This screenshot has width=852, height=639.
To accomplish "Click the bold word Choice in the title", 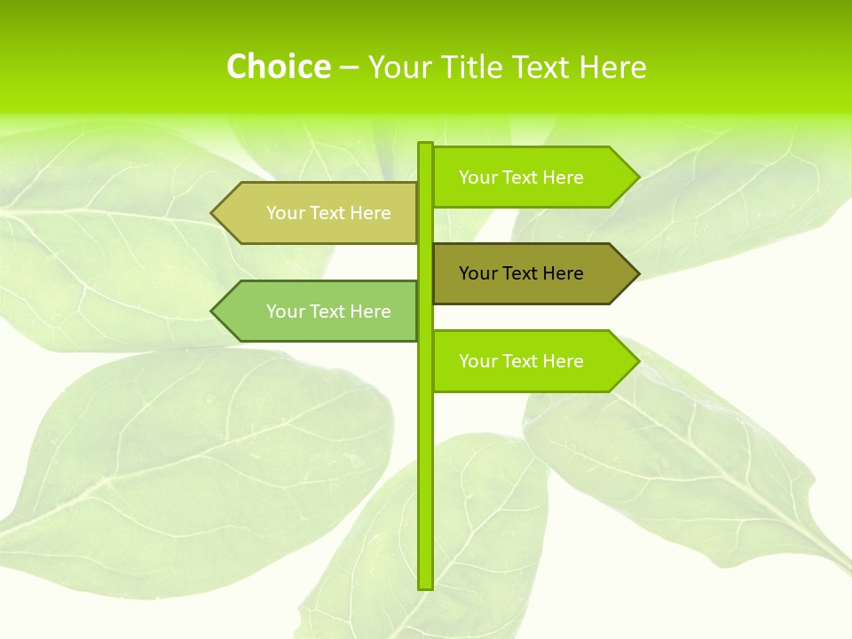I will click(278, 67).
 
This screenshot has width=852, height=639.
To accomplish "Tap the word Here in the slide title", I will click(612, 67).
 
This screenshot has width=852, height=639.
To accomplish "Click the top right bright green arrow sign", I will click(532, 177).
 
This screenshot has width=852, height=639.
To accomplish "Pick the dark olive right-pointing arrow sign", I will click(532, 273).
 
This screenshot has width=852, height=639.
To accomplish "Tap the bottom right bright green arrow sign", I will click(532, 361).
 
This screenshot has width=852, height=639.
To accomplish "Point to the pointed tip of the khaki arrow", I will click(213, 213).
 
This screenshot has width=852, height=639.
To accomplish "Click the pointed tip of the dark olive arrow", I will click(637, 273).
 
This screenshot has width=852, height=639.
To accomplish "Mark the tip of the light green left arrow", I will click(213, 312).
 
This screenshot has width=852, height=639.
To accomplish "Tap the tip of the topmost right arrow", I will click(637, 177).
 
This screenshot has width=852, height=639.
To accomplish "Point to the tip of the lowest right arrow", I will click(637, 361).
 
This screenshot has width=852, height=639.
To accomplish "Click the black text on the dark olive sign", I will click(521, 273).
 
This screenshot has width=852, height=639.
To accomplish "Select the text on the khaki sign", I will click(328, 213).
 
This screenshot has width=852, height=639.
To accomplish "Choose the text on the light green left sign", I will click(328, 312).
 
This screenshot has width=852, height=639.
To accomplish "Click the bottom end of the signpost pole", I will click(425, 586).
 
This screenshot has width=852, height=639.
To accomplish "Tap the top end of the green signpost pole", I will click(425, 145).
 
